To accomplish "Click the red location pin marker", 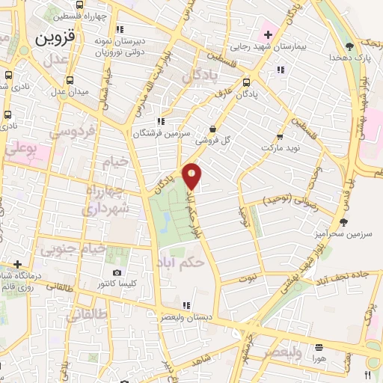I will [192, 175].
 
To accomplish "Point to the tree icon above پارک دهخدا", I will [349, 46].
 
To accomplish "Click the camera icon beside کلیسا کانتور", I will [116, 273].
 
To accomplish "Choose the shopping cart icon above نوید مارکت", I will [280, 137].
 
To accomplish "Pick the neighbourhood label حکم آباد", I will [181, 263].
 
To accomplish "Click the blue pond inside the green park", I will [165, 220].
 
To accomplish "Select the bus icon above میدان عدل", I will [70, 80].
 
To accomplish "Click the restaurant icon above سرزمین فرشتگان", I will [160, 121].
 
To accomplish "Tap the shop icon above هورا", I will [319, 347].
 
